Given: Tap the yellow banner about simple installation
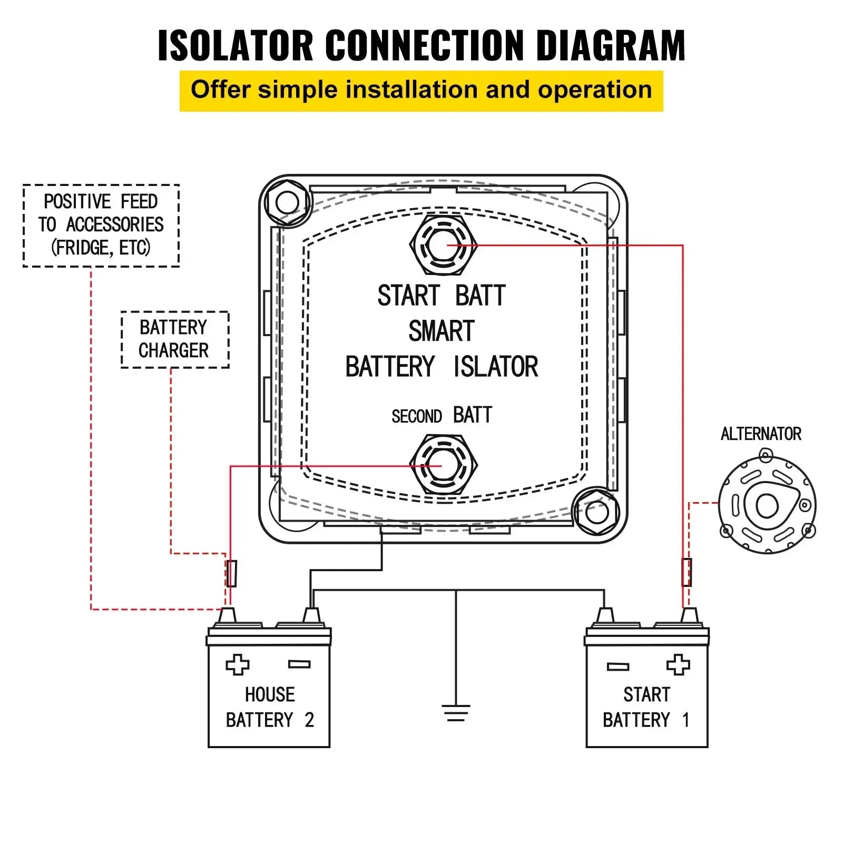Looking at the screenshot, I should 421,91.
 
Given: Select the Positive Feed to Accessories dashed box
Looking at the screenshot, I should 101,226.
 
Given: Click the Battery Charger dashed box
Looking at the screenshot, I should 174,339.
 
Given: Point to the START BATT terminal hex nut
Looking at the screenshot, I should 443,245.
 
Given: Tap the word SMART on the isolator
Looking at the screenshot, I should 442,331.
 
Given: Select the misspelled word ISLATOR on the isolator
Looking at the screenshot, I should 496,367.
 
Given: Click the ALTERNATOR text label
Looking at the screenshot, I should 760,434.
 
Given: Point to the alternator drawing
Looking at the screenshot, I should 767,505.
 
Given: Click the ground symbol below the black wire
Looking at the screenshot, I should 456,713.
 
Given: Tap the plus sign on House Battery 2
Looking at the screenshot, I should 238,665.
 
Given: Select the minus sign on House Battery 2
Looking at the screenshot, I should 299,665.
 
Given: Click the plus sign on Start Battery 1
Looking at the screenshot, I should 678,665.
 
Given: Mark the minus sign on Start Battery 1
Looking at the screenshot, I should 617,667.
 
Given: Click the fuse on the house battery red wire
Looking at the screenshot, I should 231,573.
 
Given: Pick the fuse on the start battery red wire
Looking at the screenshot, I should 687,572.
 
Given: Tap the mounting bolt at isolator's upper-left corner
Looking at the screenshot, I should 287,202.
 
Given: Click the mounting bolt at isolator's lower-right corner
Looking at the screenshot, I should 596,512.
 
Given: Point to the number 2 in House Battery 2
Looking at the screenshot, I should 309,720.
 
